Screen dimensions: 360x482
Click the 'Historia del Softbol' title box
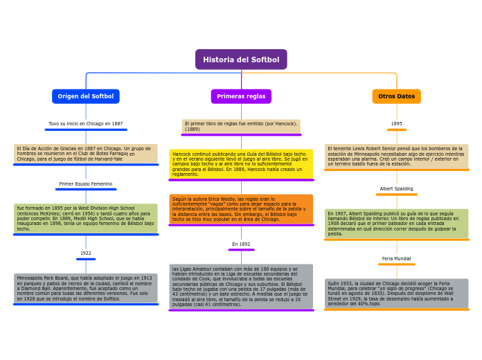(241, 60)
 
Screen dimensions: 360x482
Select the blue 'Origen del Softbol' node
(86, 96)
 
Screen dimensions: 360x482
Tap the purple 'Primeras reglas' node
(241, 96)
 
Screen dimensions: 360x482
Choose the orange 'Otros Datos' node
(397, 96)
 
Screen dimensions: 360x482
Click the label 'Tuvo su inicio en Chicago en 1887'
(86, 124)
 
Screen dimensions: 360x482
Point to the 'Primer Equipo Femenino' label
(86, 184)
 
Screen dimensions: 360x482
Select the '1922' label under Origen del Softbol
(86, 253)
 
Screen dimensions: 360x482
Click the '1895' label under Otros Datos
(397, 124)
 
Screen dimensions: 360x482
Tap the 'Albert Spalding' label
(397, 189)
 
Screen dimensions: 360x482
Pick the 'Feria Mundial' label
(397, 259)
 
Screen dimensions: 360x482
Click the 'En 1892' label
(241, 244)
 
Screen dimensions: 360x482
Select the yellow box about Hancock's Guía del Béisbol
(241, 164)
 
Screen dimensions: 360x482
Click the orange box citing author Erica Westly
(241, 209)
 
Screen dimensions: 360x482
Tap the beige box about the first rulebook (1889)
(241, 127)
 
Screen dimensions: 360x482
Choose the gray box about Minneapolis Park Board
(86, 288)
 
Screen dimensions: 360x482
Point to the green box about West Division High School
(86, 218)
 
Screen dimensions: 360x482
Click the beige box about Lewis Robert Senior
(397, 156)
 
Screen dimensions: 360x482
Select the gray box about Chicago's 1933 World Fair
(397, 294)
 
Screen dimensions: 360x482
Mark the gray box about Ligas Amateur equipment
(241, 286)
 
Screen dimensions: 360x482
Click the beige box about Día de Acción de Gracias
(86, 154)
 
